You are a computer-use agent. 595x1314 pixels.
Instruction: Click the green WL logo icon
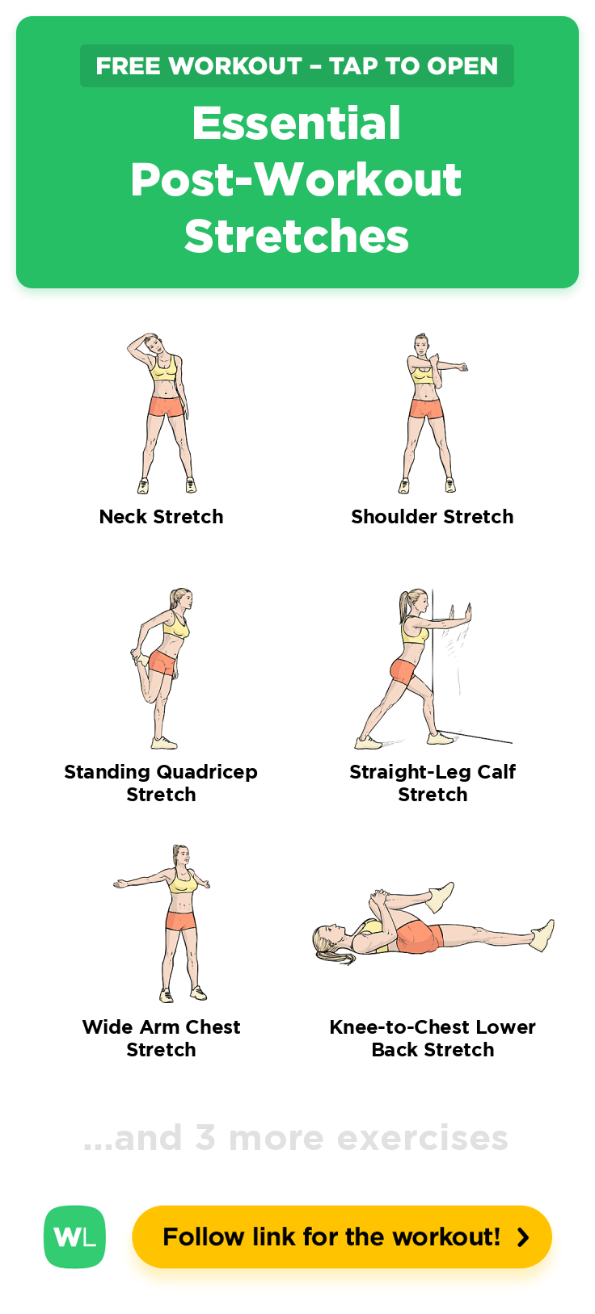point(74,1237)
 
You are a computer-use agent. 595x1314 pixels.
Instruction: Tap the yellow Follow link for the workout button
point(342,1237)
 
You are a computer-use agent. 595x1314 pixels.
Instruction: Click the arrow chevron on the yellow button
point(523,1237)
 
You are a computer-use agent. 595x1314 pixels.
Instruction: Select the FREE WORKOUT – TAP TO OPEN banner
point(297,65)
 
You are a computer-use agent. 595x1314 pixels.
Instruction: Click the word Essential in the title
point(297,124)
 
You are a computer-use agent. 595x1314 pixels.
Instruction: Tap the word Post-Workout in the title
point(297,179)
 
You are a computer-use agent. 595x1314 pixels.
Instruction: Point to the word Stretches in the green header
point(297,236)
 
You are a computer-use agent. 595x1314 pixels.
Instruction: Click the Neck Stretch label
point(162,517)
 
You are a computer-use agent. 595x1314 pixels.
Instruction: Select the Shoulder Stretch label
point(433,517)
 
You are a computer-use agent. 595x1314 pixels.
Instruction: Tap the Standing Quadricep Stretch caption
point(161,783)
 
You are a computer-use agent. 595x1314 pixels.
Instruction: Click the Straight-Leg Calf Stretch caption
point(433,783)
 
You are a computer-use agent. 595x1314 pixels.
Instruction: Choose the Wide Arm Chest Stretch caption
point(162,1039)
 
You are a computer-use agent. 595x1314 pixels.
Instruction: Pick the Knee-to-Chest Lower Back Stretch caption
point(433,1039)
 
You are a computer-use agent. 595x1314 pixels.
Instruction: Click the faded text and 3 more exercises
point(296,1138)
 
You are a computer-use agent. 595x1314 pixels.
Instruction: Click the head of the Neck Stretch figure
point(152,343)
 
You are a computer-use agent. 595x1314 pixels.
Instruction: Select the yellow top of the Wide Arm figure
point(183,880)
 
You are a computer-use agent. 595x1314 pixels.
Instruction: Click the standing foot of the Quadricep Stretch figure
point(164,743)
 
